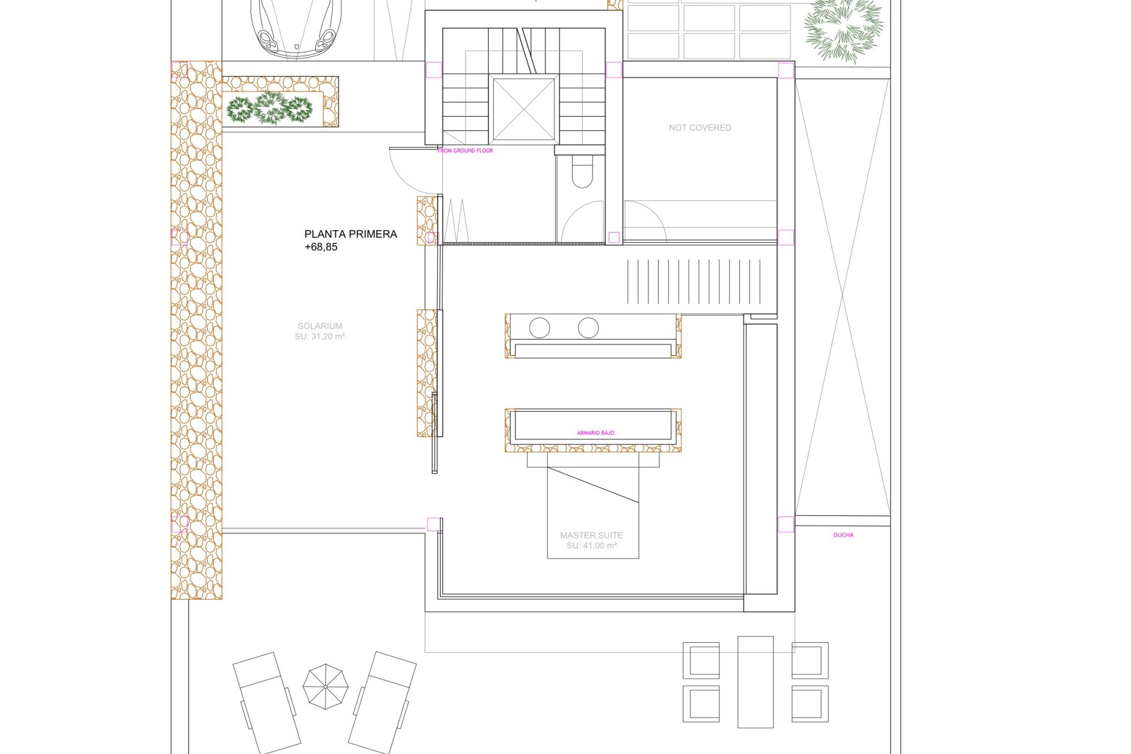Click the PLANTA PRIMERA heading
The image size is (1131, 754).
pyautogui.click(x=350, y=234)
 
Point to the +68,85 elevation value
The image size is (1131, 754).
pyautogui.click(x=321, y=247)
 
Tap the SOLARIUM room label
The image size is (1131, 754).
pyautogui.click(x=320, y=326)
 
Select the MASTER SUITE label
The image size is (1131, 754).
pyautogui.click(x=591, y=535)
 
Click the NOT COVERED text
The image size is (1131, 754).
pyautogui.click(x=700, y=128)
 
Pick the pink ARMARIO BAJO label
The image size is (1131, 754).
pyautogui.click(x=596, y=433)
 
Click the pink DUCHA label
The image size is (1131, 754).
pyautogui.click(x=844, y=535)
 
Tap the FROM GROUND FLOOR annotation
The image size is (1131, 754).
pyautogui.click(x=465, y=151)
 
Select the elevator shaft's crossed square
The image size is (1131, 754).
pyautogui.click(x=524, y=110)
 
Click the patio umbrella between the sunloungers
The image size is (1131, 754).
pyautogui.click(x=325, y=687)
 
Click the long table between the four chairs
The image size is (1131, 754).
pyautogui.click(x=756, y=682)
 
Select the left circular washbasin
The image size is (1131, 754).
pyautogui.click(x=540, y=328)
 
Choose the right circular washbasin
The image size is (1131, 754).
pyautogui.click(x=588, y=328)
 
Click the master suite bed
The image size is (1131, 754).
pyautogui.click(x=593, y=505)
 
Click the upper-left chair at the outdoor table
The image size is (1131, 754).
pyautogui.click(x=701, y=660)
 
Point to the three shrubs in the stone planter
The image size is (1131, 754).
pyautogui.click(x=270, y=108)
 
